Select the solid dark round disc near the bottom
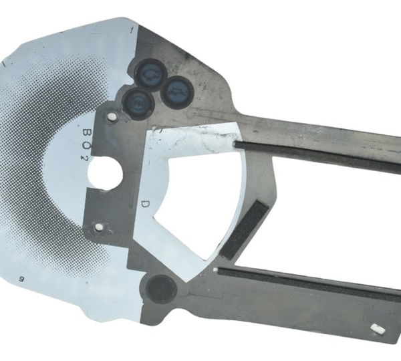(160, 289)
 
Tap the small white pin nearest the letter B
(112, 118)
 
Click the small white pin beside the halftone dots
(99, 228)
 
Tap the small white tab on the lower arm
(376, 328)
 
